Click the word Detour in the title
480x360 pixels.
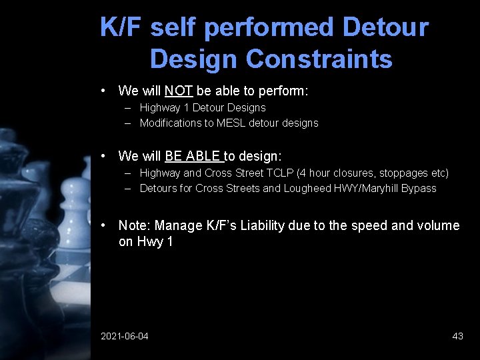385,28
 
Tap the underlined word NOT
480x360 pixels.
179,90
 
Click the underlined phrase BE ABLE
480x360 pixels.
193,156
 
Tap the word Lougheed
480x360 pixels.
307,189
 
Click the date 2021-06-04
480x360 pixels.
125,336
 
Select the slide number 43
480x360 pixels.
457,336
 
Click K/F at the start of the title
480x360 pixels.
122,28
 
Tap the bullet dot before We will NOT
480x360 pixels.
104,90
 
